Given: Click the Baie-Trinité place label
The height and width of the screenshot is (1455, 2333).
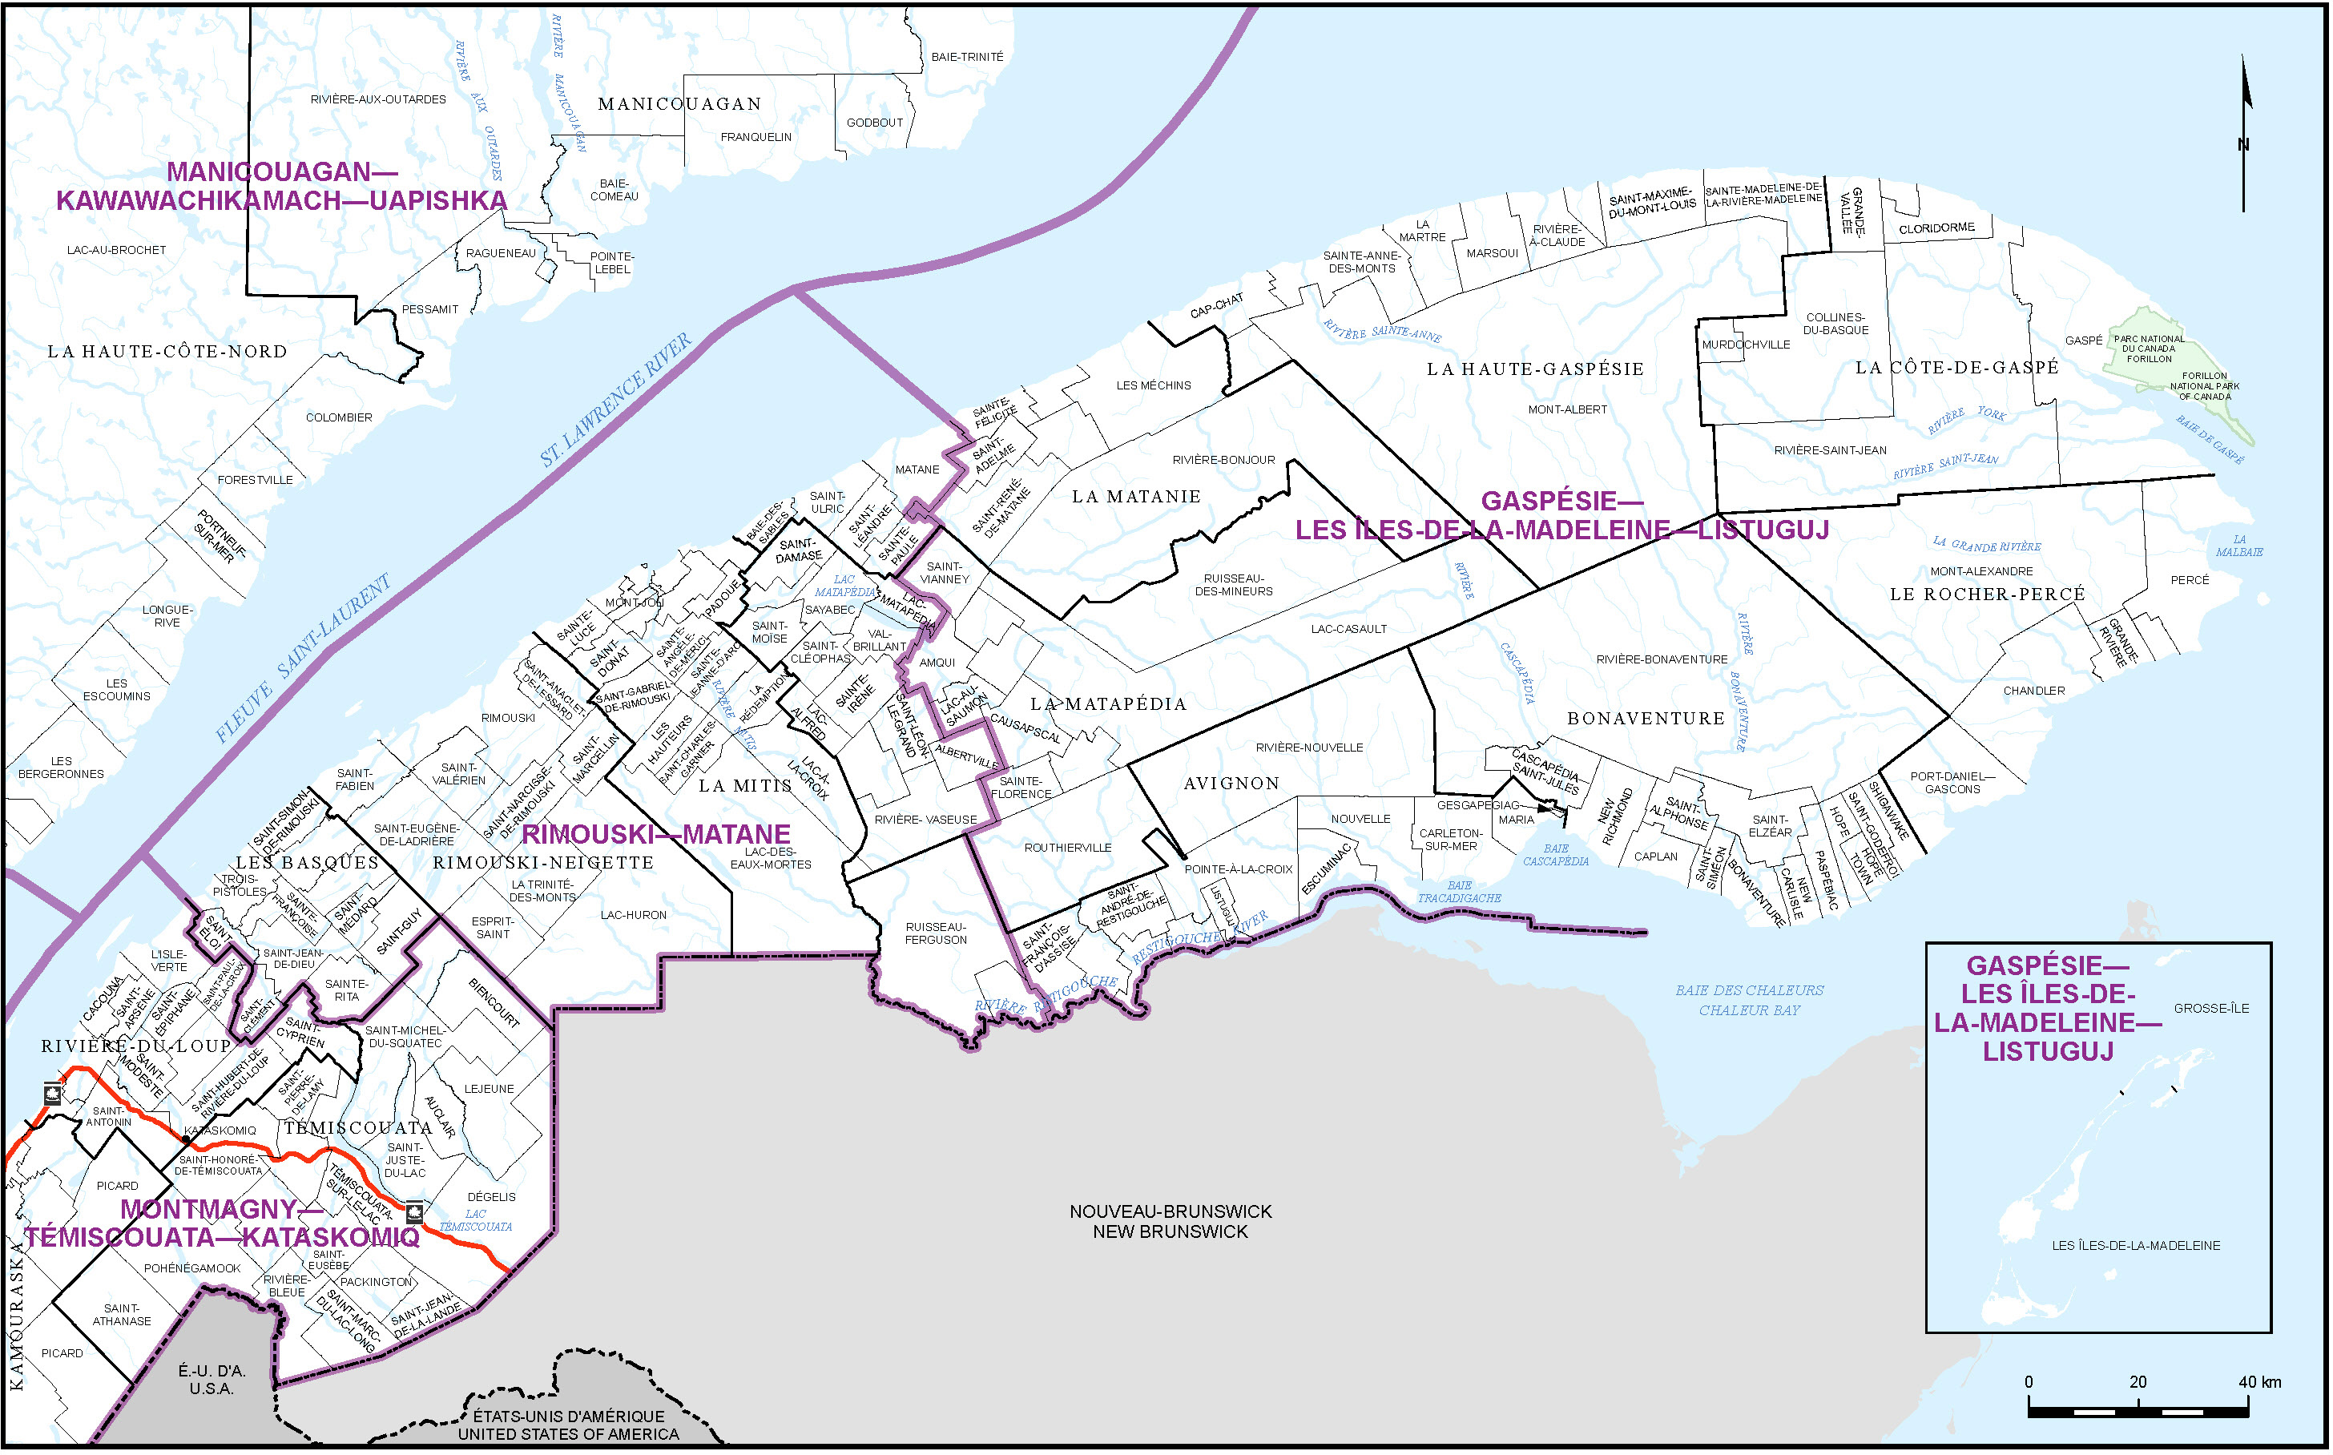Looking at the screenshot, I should tap(966, 57).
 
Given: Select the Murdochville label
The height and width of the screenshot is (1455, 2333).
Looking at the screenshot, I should tap(1745, 345).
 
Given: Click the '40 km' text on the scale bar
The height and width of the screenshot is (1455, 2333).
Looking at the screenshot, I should tap(2259, 1382).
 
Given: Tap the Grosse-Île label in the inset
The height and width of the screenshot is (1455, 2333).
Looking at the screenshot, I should tap(2210, 1009).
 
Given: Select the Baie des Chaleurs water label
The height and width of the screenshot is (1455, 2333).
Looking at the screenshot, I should tap(1748, 1000).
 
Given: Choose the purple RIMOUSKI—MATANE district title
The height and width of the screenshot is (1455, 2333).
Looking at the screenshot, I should tap(655, 834).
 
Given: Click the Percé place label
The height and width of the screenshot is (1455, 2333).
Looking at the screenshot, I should tap(2190, 580).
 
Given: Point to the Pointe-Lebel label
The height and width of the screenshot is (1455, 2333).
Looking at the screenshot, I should tap(612, 263).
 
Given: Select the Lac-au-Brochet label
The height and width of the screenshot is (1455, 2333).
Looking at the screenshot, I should tap(116, 250).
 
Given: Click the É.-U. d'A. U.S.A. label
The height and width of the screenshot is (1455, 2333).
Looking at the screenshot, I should tap(212, 1380).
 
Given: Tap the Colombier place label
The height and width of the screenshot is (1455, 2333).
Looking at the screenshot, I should tap(339, 417).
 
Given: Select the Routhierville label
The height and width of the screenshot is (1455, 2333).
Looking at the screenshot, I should tap(1067, 848).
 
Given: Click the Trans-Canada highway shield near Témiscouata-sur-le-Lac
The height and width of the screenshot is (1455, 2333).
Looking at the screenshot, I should tap(415, 1211).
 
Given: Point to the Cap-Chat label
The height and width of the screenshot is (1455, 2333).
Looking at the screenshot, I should tap(1216, 306).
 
